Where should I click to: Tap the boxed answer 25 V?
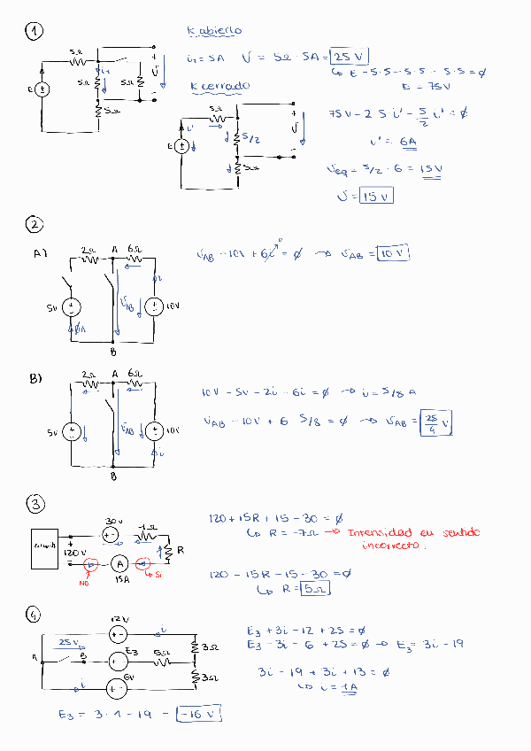click(349, 57)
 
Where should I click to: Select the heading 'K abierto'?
click(214, 31)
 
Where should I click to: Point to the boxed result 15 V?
click(376, 196)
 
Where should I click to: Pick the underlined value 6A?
click(407, 142)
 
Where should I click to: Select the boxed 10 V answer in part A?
click(393, 254)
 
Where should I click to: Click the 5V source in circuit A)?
click(71, 307)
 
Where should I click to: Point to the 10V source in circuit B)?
click(154, 431)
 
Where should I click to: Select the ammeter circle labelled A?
click(119, 563)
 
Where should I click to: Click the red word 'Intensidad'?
click(379, 532)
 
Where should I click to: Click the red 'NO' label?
click(87, 583)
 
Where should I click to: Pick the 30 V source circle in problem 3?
click(111, 535)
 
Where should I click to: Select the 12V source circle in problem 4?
click(118, 634)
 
